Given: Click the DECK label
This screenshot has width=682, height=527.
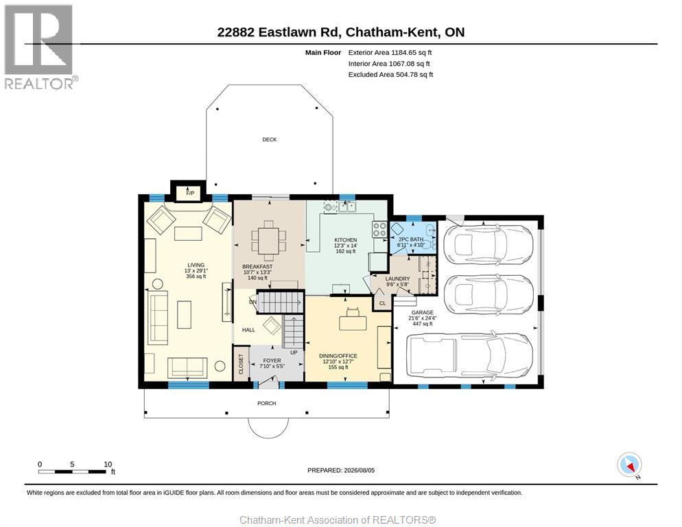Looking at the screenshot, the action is [269, 139].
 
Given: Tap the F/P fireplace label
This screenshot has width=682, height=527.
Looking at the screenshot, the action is [190, 194].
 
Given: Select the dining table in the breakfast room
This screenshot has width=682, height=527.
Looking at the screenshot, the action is [269, 241].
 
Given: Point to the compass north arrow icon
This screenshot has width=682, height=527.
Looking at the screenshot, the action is [629, 465].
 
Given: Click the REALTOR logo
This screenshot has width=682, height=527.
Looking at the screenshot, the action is [39, 47].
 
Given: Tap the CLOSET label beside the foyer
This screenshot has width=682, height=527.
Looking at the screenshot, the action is [241, 364].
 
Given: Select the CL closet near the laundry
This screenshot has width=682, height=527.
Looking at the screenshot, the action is [382, 303].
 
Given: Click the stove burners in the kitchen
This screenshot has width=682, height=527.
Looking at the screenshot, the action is [379, 229].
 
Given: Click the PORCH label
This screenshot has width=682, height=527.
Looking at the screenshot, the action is [267, 403].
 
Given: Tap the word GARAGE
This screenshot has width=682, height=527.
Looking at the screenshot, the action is [423, 312].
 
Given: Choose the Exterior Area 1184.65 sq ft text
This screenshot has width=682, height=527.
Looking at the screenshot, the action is [390, 53].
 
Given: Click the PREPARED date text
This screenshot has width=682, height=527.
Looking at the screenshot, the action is [341, 471].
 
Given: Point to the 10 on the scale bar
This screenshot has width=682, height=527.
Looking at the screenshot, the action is [108, 465].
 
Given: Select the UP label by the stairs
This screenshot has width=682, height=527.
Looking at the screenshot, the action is [294, 353].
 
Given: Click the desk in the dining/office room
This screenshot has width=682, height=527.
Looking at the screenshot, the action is [353, 323].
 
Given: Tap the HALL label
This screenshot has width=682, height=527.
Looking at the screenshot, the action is [248, 330].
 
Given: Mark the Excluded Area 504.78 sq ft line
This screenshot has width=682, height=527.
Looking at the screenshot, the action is [390, 74].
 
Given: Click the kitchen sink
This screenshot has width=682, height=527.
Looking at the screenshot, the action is [347, 207].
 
